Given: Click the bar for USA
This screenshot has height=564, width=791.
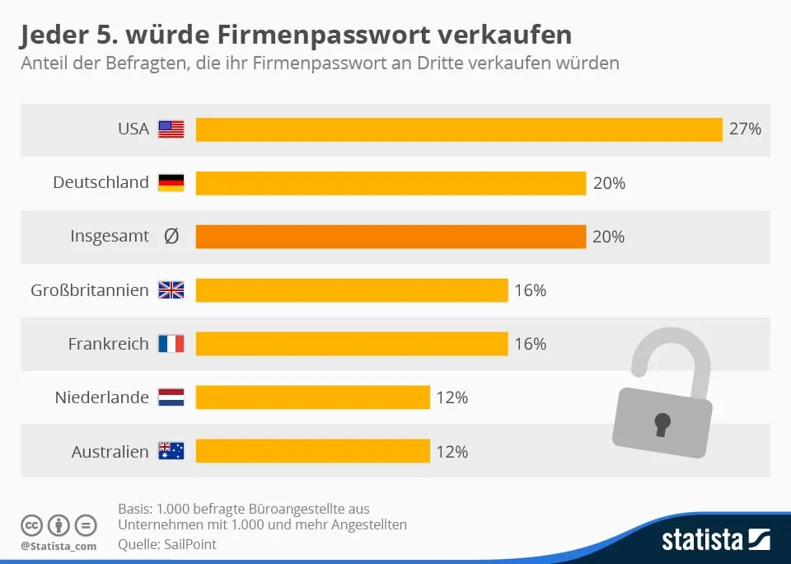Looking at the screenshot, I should [458, 129].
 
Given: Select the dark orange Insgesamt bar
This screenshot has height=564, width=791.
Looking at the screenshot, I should [390, 237].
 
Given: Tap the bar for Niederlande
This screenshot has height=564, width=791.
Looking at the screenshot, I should [312, 397].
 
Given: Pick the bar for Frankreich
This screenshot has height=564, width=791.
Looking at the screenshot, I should [351, 344].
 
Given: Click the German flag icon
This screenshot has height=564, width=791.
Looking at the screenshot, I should [171, 183].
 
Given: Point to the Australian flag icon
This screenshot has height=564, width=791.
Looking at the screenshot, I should [171, 451].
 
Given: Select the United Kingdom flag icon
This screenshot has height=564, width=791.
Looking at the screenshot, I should [171, 290].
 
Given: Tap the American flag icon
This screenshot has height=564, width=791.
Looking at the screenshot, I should [171, 129].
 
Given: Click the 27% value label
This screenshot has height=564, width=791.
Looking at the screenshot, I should [745, 129].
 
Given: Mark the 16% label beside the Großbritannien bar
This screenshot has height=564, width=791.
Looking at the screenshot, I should [530, 290].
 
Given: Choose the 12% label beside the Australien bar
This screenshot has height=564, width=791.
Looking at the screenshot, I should [452, 452].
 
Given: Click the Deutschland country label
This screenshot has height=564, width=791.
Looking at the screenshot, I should [101, 183].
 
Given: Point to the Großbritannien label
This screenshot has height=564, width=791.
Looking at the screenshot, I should [90, 290].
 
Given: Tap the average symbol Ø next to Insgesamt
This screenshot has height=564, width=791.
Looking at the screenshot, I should [171, 237].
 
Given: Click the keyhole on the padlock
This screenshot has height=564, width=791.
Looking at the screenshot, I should [662, 423].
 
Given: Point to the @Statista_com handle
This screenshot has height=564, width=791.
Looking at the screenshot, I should [59, 546].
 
